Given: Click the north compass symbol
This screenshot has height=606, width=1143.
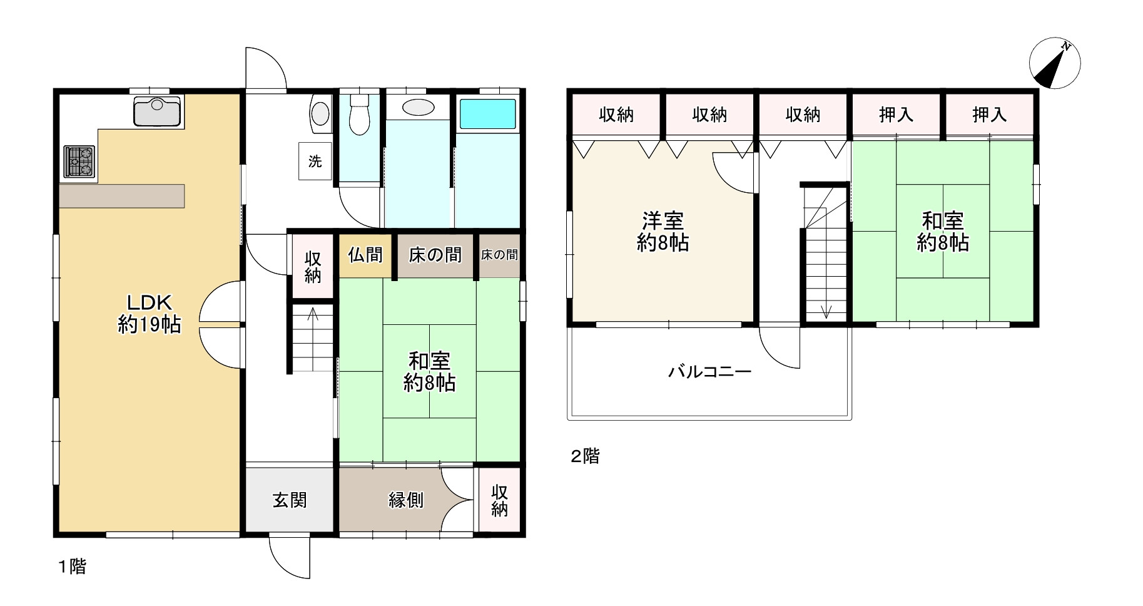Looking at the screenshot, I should pos(1055,63).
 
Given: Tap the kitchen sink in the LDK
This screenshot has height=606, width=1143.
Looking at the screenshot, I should pos(157,111).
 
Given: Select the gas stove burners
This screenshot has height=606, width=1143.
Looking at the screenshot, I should pos(79,162).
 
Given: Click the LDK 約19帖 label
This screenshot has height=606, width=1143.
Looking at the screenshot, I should pos(150,313).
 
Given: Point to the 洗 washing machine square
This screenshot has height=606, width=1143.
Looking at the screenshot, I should pos(315,162).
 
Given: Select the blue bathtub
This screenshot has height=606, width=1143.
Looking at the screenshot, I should pos(488,113).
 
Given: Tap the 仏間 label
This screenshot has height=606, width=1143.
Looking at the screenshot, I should pos(365,255).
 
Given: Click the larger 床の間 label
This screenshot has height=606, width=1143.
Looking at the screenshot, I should pos(435,255).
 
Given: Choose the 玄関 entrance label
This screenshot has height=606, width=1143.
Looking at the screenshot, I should pos(290,500).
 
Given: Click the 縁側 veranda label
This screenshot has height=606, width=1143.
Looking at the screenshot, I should pos(406,500).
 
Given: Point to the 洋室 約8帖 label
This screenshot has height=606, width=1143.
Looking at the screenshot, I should pos(663,232).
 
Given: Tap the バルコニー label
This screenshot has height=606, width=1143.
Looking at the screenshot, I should pos(709,372).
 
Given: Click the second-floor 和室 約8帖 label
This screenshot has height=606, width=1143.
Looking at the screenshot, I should pos(943,232).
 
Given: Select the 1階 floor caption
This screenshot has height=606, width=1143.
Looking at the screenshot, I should pos(73,567).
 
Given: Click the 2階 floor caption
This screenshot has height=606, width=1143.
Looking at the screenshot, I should pos(585,456).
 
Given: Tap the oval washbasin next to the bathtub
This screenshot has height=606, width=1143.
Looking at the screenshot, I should pos(418,107).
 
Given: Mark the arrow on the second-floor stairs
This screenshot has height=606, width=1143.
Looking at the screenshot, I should pos(826,309).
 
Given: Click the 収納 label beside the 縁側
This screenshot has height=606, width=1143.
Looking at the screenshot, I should pos(499,500).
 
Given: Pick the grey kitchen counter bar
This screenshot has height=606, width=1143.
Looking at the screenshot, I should pos(122,196).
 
